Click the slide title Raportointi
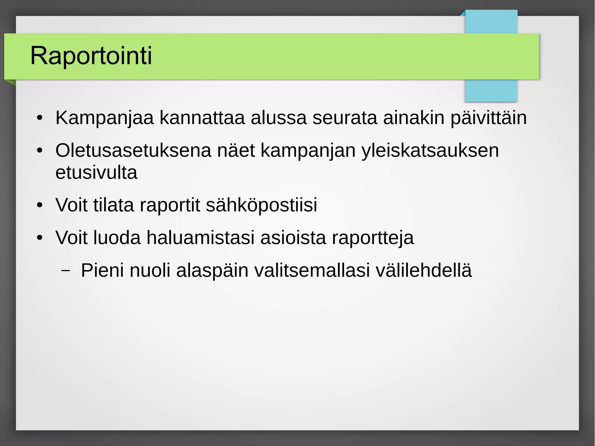[x=91, y=55]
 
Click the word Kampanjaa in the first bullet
[x=104, y=118]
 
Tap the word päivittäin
[x=488, y=118]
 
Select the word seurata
[x=345, y=118]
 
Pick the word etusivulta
[x=96, y=173]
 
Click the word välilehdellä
[x=424, y=270]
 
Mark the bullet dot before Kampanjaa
[x=40, y=118]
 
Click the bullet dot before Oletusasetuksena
[x=40, y=151]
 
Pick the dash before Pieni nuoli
[x=66, y=271]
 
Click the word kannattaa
[x=202, y=118]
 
